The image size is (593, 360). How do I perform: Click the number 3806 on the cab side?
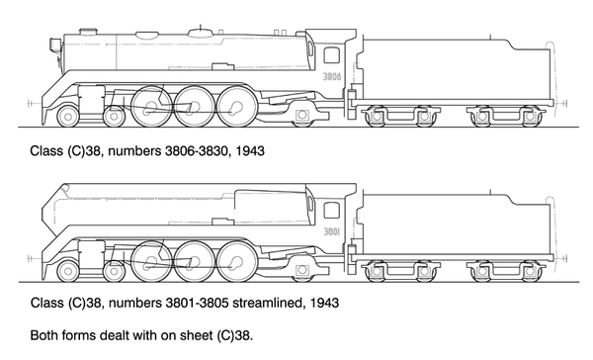332,75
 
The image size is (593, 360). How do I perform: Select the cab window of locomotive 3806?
331,56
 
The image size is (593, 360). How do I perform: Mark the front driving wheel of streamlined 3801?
148,261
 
